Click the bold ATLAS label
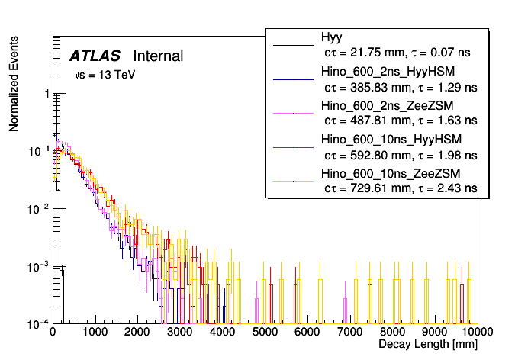95,56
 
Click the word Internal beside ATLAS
158,56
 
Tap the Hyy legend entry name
332,37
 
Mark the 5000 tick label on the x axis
265,333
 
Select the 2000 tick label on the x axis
137,333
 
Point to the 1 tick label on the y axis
47,94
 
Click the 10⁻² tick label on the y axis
41,208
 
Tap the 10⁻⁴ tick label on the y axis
41,323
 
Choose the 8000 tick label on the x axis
392,333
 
